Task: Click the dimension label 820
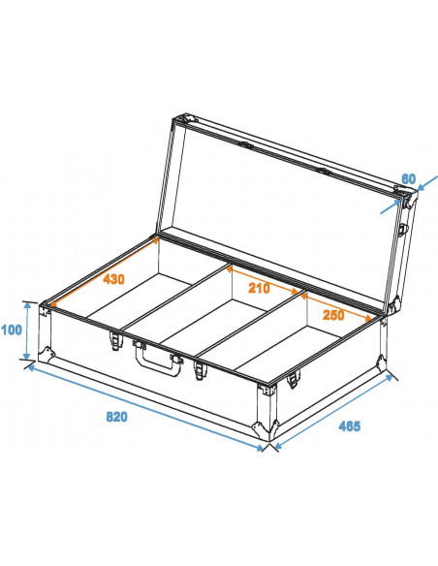coord(116,417)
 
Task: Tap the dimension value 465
coord(349,425)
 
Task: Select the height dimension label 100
coord(12,330)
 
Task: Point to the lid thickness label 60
coord(409,178)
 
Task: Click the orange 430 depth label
coord(113,279)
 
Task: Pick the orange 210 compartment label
coord(259,288)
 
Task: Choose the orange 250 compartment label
coord(333,315)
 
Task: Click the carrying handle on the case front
coord(158,357)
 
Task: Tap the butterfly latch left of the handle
coord(115,340)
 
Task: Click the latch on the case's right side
coord(293,379)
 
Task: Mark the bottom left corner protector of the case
coord(47,354)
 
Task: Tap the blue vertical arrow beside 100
coord(27,331)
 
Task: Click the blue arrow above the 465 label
coord(333,412)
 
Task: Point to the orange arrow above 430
coord(105,272)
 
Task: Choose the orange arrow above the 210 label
coord(263,280)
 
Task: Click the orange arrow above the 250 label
coord(336,307)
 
